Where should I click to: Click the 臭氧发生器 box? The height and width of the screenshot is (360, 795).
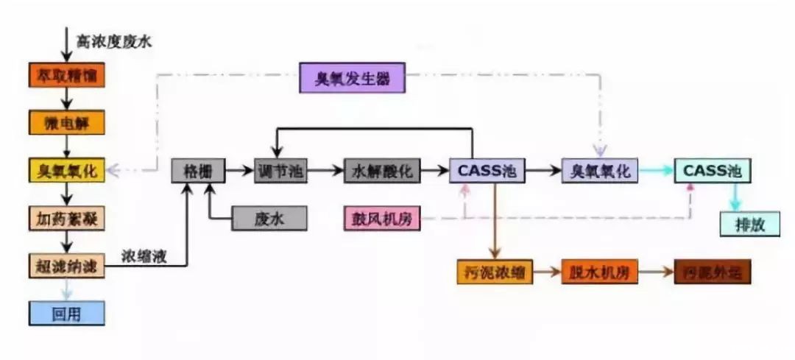coord(352,77)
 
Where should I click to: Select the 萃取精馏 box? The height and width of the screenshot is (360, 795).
coord(67,75)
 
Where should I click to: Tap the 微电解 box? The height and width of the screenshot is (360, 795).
coord(67,122)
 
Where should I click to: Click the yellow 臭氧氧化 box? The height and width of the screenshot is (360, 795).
coord(67,171)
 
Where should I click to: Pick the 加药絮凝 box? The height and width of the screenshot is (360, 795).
coord(67,218)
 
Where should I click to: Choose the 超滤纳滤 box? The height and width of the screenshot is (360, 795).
coord(67,266)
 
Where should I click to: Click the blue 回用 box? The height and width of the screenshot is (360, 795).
coord(67,314)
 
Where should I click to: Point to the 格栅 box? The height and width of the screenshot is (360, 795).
coord(197,171)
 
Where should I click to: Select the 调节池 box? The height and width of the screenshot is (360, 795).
coord(280,171)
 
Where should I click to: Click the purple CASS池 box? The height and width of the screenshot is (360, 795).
coord(487,171)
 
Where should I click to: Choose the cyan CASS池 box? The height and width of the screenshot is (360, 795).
coord(713,171)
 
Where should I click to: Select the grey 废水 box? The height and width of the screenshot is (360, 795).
coord(269,219)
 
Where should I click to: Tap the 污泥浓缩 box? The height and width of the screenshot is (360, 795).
coord(494,272)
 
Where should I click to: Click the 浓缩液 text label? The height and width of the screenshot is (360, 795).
coord(144,257)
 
